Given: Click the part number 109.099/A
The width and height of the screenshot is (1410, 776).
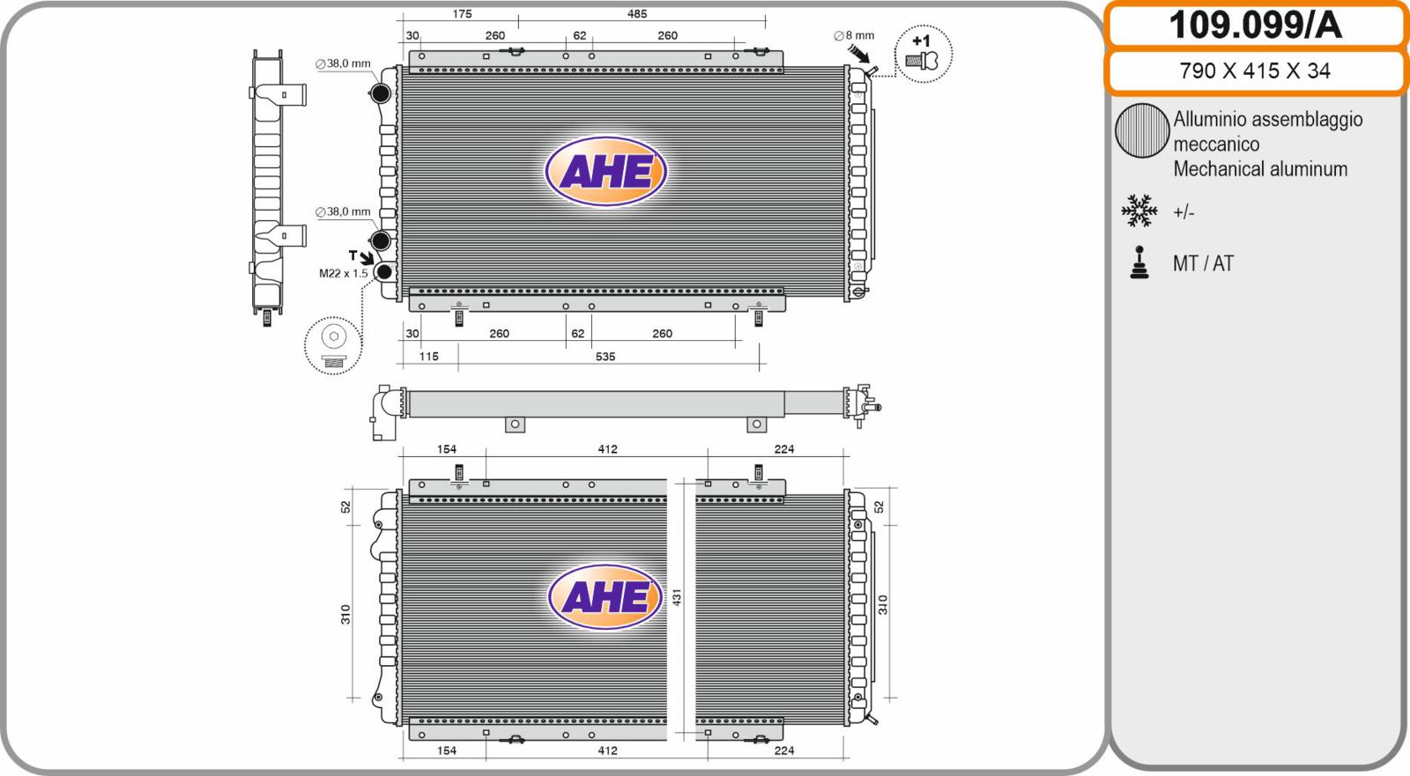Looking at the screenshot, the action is [x=1255, y=26].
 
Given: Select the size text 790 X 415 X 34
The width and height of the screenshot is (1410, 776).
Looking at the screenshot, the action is [x=1255, y=70].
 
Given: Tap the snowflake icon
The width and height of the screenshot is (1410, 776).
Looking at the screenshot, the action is [x=1139, y=211].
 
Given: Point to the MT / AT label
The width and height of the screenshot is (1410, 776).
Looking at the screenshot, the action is [x=1203, y=263].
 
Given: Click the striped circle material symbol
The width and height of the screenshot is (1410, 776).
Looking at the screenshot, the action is [x=1142, y=130].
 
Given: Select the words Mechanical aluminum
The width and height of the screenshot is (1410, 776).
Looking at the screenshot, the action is [x=1260, y=168].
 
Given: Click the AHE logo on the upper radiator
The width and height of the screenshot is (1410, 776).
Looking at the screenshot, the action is [x=605, y=171].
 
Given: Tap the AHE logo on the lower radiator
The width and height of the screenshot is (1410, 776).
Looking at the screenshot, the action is [x=605, y=596].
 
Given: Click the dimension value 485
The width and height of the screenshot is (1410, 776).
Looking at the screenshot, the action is [x=637, y=14].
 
